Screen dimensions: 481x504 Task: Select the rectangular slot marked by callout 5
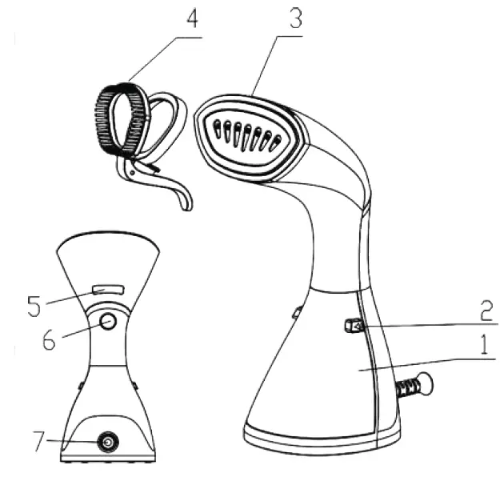point(108,289)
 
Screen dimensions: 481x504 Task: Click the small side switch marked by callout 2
point(354,326)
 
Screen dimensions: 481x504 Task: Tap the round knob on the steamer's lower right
point(425,385)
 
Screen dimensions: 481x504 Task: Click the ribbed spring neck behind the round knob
point(406,390)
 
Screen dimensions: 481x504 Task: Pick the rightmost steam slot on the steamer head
point(277,143)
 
